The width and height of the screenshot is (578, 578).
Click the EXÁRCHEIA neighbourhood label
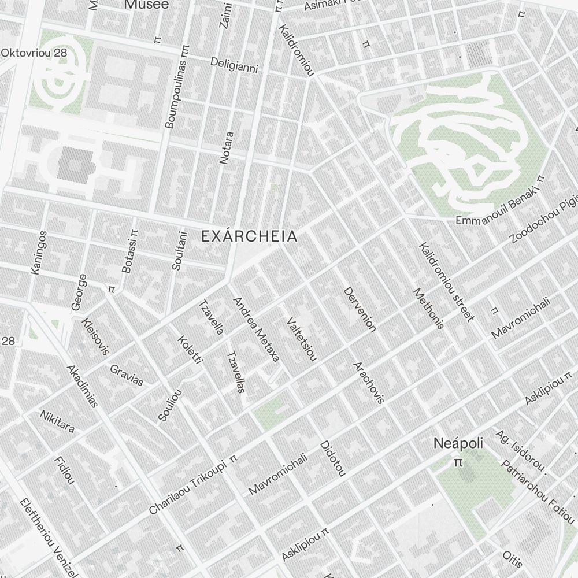249,236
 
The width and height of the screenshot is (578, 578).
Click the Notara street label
227,148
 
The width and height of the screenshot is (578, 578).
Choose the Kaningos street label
39,253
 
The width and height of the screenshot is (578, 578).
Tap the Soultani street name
180,251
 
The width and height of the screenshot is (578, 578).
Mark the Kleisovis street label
95,336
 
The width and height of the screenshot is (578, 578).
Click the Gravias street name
127,375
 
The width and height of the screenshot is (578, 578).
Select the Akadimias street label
82,386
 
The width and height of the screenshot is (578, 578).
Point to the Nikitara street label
57,421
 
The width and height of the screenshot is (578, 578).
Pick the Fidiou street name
64,470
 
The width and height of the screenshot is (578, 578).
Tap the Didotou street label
332,459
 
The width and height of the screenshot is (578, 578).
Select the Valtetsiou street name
302,339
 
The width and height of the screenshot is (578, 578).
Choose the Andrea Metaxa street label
256,329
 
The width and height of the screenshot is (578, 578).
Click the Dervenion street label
360,310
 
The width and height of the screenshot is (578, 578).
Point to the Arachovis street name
369,382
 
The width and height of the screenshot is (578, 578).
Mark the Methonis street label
429,309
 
